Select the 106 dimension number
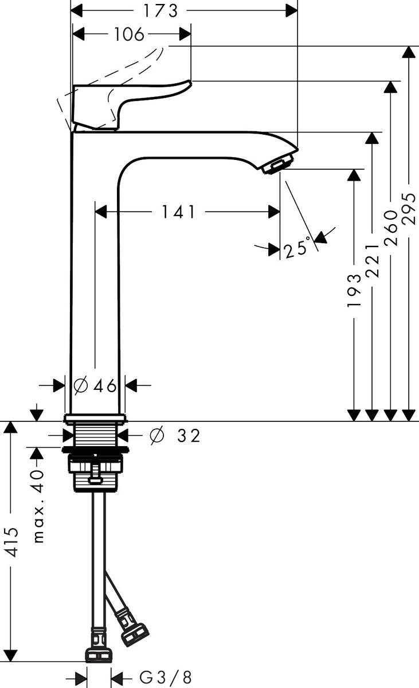(x=128, y=34)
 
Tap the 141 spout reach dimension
(x=177, y=212)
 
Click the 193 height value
(x=355, y=291)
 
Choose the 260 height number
(x=391, y=228)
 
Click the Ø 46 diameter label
(x=96, y=386)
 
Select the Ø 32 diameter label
(x=174, y=436)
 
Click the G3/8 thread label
(x=166, y=677)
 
